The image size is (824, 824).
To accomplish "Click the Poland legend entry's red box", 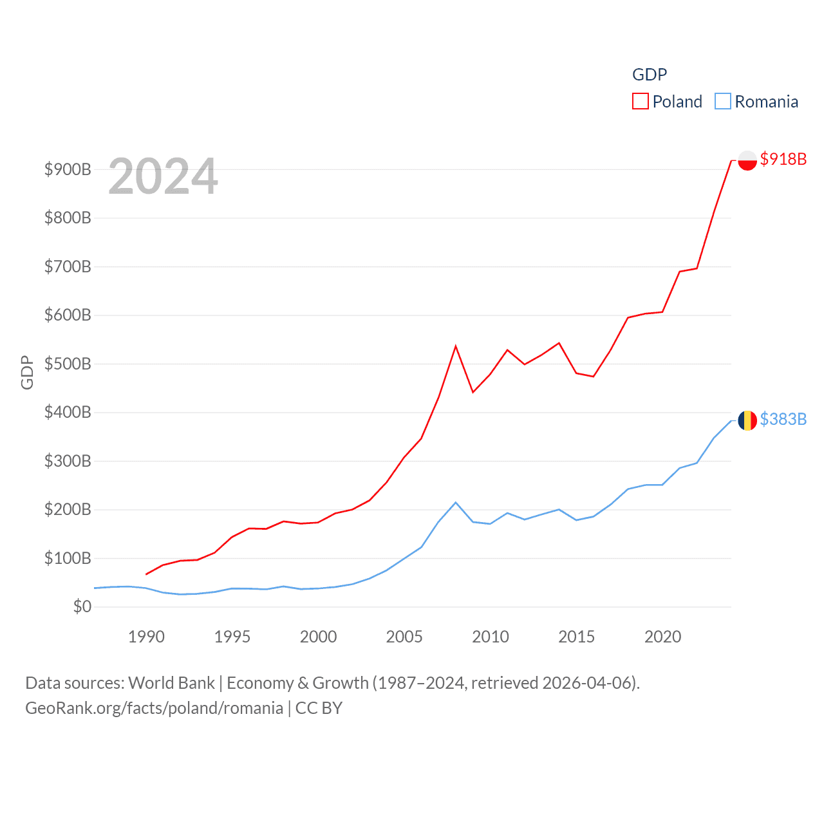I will (x=640, y=102).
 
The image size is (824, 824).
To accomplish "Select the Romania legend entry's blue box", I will (x=723, y=102).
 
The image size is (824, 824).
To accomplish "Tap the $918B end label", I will (x=783, y=159).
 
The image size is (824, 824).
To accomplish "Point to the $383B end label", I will (x=783, y=419).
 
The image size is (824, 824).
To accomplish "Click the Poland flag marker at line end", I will (x=747, y=160).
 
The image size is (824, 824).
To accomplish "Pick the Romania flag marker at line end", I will (x=747, y=420).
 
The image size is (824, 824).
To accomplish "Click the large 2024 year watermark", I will (x=163, y=176).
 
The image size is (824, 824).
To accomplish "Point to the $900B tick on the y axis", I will (x=68, y=169).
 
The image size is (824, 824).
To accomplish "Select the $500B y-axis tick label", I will (x=68, y=364).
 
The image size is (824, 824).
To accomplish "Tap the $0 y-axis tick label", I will (x=82, y=606).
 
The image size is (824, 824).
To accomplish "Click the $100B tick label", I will (x=68, y=558).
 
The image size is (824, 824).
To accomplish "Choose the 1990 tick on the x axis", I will (x=146, y=637).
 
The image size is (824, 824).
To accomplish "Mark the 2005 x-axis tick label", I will (x=404, y=637).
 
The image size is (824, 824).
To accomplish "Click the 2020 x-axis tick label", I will (x=662, y=637).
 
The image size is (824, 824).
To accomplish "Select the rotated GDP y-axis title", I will (x=27, y=372).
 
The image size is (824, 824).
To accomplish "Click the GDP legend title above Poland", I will (x=650, y=75).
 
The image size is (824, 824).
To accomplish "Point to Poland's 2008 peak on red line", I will (x=456, y=346).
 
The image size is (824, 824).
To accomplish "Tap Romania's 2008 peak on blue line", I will (x=456, y=502).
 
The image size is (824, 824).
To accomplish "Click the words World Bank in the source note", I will (x=171, y=682).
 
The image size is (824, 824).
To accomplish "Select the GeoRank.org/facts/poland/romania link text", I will (x=154, y=708).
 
